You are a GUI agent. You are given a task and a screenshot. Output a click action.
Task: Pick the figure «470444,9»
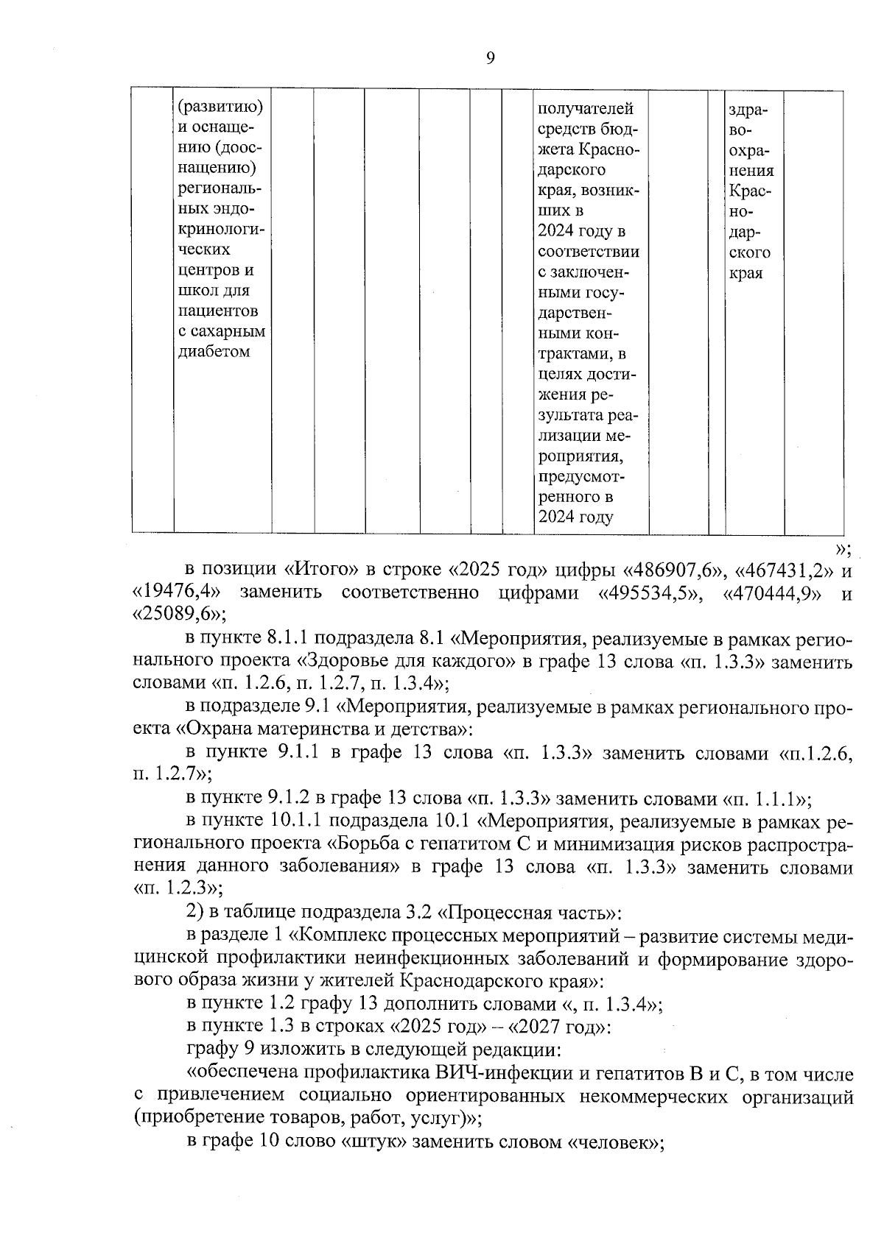(773, 592)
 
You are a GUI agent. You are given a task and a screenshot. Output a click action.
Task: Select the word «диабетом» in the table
(214, 351)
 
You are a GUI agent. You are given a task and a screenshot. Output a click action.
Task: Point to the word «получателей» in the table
(586, 109)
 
